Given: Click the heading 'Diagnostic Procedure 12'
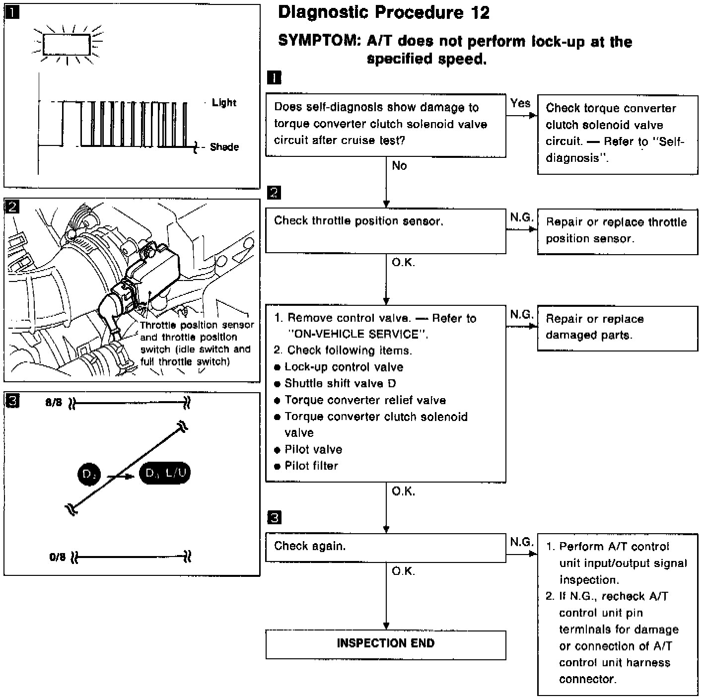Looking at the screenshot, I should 383,13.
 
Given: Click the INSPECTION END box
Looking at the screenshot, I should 385,644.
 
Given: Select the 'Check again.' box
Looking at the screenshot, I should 385,547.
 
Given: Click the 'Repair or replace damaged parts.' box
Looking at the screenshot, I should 617,328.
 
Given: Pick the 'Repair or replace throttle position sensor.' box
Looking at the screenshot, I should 617,231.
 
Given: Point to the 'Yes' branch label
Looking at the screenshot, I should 520,103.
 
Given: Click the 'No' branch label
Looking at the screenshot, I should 399,166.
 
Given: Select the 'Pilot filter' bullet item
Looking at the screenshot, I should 311,466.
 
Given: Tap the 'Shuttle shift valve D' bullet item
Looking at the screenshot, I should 340,383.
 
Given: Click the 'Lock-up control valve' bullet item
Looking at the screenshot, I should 344,367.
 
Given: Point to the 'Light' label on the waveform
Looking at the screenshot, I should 224,103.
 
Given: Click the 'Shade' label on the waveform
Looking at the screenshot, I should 224,147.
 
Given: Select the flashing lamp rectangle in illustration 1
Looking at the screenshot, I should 67,44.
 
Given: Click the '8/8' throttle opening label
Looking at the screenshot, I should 54,403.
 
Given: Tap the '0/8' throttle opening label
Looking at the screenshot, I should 57,557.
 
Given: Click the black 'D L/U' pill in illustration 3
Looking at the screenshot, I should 165,473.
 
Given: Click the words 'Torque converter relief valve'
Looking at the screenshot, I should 365,400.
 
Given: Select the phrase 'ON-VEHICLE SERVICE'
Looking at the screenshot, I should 357,334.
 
